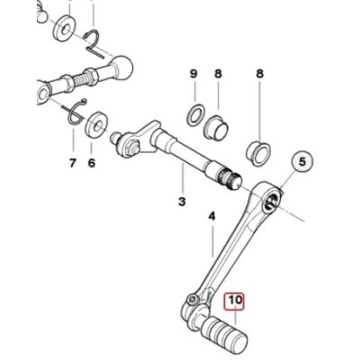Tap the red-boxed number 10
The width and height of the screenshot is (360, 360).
pos(235,301)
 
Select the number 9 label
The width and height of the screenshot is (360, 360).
pos(193,72)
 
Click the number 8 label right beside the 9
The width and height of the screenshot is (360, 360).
pos(218,72)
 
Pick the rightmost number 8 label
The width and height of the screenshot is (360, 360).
pos(260,72)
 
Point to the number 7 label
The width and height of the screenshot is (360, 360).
pos(72,163)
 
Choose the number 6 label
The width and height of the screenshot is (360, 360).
pos(91,163)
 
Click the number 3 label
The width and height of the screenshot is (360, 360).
pos(182,202)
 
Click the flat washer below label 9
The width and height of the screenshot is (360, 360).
pos(192,115)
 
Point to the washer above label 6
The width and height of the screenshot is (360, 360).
pos(94,123)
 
